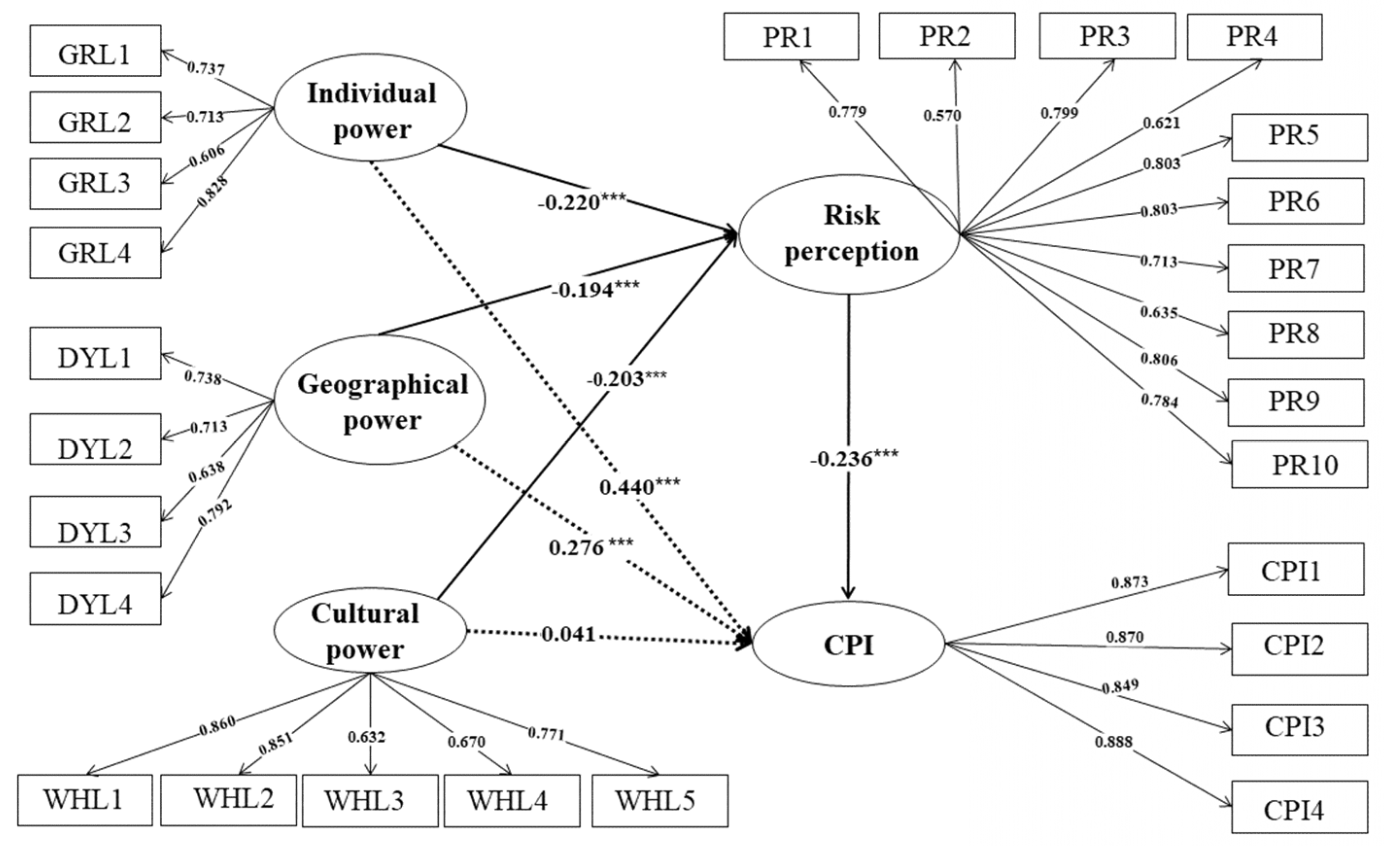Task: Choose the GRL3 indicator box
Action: pyautogui.click(x=95, y=184)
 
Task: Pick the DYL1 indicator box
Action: pyautogui.click(x=95, y=353)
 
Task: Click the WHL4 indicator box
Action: pyautogui.click(x=511, y=800)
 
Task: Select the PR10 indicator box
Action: pyautogui.click(x=1300, y=464)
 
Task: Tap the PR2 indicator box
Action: pyautogui.click(x=946, y=36)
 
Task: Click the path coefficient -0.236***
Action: pyautogui.click(x=853, y=459)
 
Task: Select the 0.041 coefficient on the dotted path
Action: pyautogui.click(x=568, y=634)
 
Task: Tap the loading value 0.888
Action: pyautogui.click(x=1113, y=742)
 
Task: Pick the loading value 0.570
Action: pyautogui.click(x=942, y=116)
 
